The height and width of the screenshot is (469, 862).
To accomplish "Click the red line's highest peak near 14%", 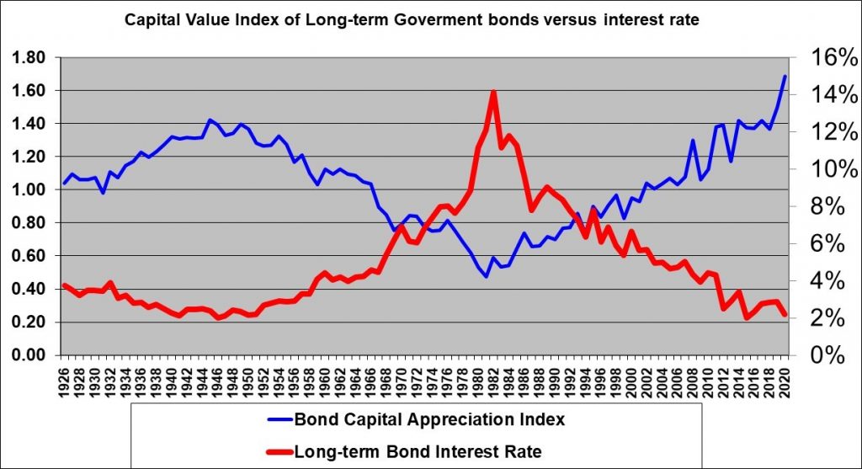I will tap(493, 92).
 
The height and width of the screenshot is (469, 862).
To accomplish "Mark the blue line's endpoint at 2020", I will tap(785, 77).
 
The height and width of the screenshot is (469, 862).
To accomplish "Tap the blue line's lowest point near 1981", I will tap(486, 276).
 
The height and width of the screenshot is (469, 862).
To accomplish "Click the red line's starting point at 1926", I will tap(65, 285).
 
